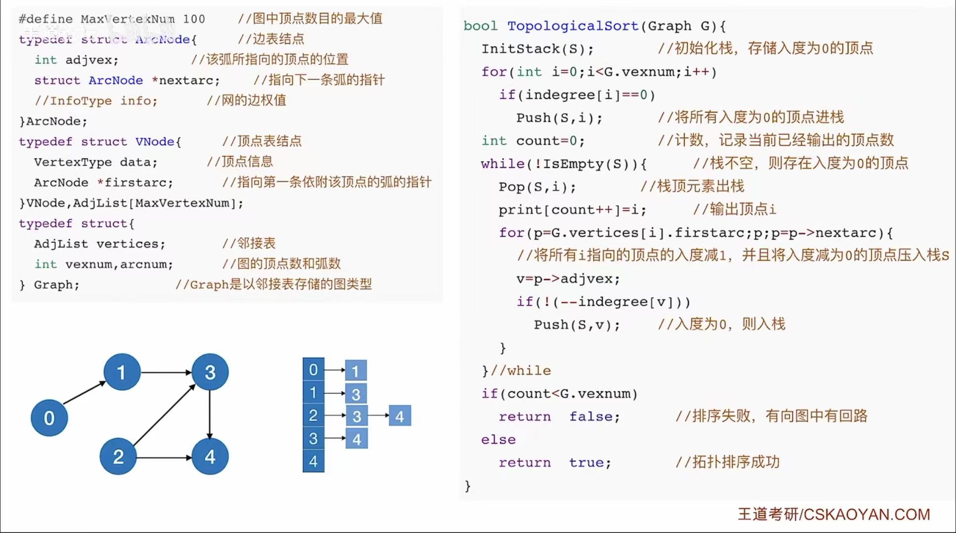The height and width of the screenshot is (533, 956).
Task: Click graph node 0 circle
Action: [x=49, y=418]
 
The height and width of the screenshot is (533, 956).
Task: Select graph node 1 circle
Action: [x=122, y=372]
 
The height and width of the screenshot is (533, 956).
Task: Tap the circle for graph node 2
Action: [x=118, y=456]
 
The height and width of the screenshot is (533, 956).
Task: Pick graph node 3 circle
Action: [x=210, y=372]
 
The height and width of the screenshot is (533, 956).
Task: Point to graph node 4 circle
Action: [x=210, y=456]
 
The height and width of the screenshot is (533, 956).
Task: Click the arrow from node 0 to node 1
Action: [x=84, y=393]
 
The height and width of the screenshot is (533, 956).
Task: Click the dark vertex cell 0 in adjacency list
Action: [x=313, y=369]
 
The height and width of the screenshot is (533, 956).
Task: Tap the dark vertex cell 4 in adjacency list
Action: [x=313, y=461]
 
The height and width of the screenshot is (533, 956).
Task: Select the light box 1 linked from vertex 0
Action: [x=355, y=370]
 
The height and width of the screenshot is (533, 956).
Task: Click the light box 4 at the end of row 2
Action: [x=400, y=416]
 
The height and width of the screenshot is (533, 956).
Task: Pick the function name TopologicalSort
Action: [x=573, y=26]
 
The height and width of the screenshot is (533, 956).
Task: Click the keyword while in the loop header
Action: [x=502, y=164]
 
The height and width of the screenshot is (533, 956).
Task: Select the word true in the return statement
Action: [x=589, y=462]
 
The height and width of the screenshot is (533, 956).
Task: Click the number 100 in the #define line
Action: [x=194, y=19]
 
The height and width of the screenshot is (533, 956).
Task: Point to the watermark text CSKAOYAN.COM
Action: [x=867, y=514]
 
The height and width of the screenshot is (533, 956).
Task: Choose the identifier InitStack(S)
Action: [x=537, y=48]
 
